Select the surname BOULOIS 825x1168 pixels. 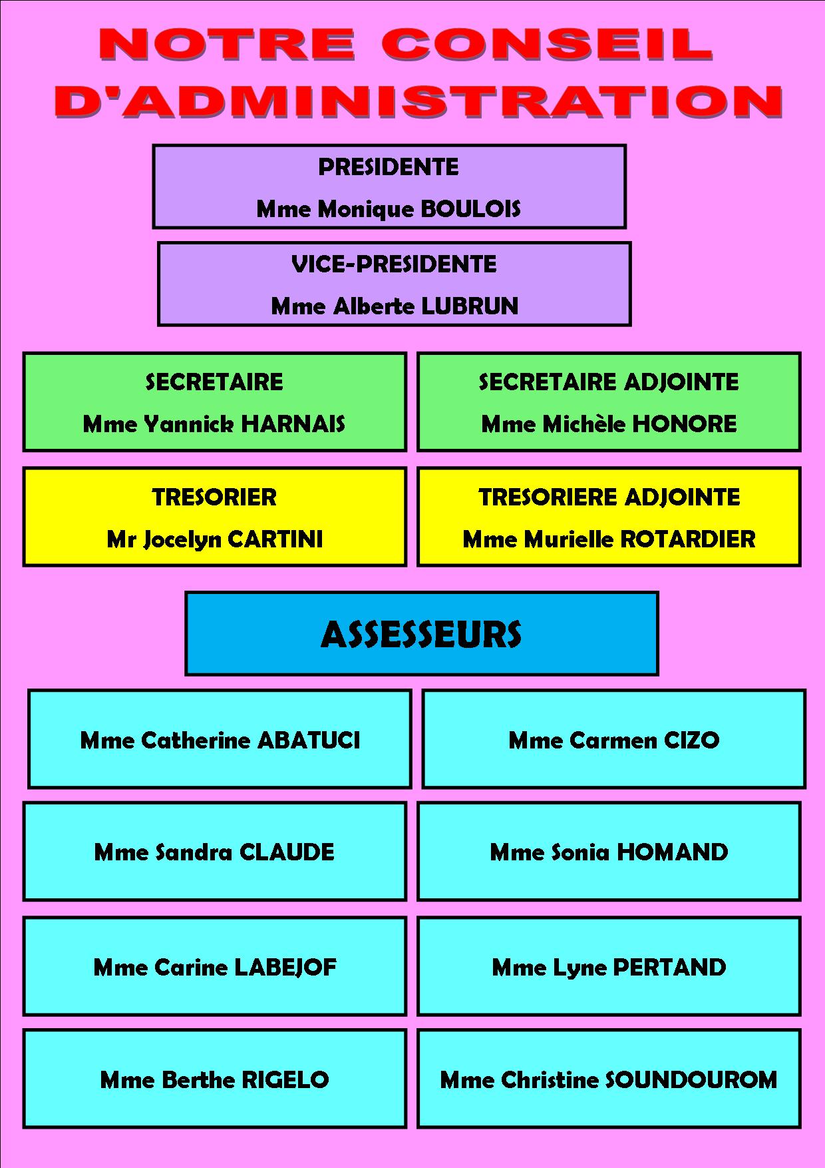[x=471, y=209]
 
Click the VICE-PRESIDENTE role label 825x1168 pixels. [x=394, y=264]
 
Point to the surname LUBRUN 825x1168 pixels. [x=470, y=306]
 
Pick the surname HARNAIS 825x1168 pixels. [x=293, y=424]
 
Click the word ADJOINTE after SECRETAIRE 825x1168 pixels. [x=681, y=382]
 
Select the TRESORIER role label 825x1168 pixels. [x=214, y=497]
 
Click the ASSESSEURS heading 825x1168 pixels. [x=421, y=635]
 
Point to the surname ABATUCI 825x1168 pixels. [x=309, y=740]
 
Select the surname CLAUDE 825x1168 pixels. [x=287, y=852]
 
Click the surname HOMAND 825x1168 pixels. [x=673, y=852]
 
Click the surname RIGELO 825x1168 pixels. [x=285, y=1079]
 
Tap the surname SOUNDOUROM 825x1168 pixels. [x=691, y=1079]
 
